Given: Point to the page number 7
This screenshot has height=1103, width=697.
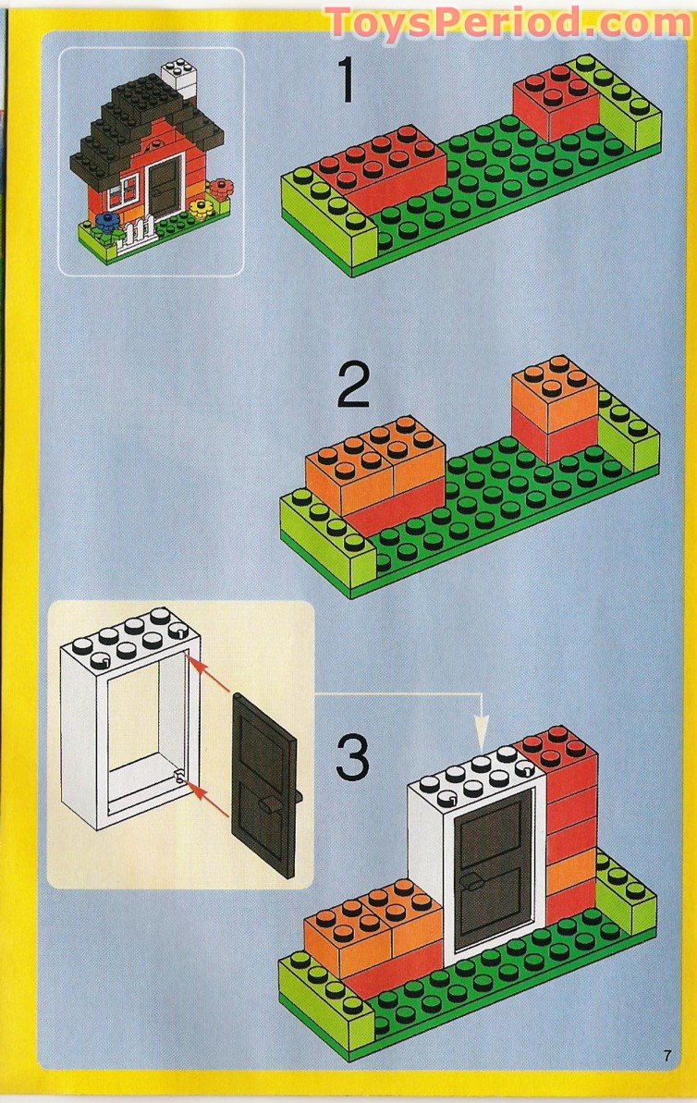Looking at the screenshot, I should (666, 1055).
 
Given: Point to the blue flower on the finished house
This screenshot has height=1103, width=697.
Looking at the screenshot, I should (107, 221).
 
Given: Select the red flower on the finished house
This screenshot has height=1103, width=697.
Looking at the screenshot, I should (219, 191).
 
